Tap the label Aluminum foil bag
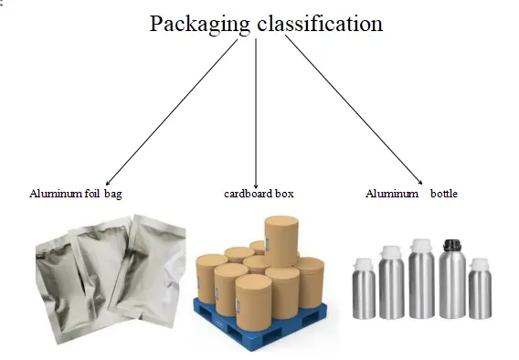click(75, 194)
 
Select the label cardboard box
click(259, 194)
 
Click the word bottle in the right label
click(445, 194)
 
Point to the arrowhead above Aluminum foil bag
click(108, 184)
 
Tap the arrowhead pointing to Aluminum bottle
click(421, 183)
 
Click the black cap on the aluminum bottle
click(450, 245)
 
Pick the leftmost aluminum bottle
click(363, 292)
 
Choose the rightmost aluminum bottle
click(480, 292)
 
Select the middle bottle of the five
click(421, 283)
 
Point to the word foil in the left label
click(90, 194)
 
